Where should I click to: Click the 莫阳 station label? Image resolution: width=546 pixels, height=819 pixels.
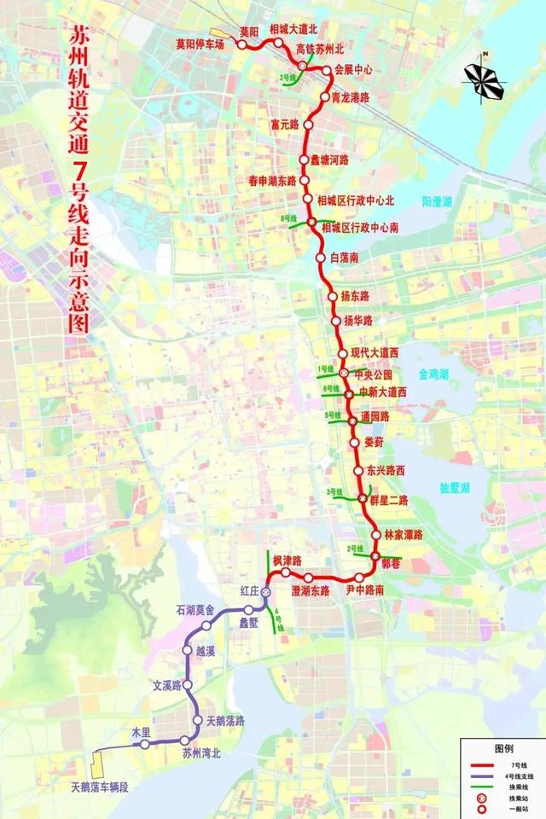(x=250, y=32)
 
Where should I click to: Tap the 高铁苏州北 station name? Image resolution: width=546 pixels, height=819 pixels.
(x=319, y=49)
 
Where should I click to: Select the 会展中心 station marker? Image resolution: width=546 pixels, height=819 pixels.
(x=328, y=72)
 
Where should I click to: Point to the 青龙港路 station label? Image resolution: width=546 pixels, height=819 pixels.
(x=351, y=97)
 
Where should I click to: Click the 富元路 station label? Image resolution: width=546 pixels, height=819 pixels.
(x=284, y=125)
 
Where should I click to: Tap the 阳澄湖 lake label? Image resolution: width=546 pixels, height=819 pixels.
(x=439, y=202)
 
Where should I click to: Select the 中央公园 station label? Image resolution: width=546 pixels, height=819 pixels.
(x=376, y=374)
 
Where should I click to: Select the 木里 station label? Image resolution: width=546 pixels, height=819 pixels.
(x=140, y=732)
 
